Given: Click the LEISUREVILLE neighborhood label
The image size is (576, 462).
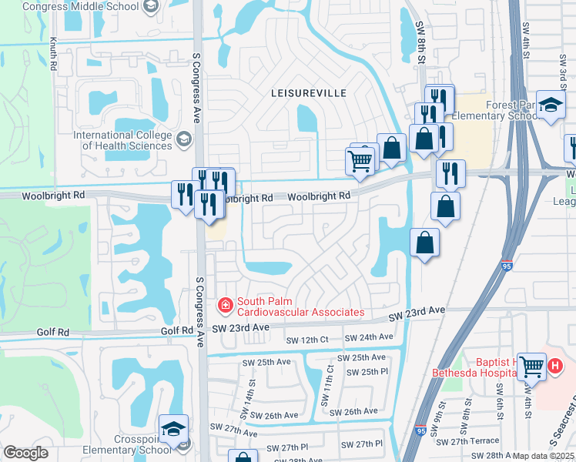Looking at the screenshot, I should [x=308, y=92].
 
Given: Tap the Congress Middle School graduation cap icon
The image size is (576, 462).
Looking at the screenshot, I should [x=151, y=7].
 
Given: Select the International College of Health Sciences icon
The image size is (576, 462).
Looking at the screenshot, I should [x=183, y=139].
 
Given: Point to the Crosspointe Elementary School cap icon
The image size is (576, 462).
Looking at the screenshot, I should [x=173, y=428].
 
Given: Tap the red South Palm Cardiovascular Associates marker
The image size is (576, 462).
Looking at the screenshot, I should [x=226, y=306].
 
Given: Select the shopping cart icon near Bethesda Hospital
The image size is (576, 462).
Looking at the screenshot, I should [x=531, y=366].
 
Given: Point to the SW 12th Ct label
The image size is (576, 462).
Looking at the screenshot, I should [x=307, y=340].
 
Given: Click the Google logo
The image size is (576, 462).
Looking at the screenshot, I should [x=25, y=453].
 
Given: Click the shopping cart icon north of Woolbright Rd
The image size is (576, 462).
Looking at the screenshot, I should [x=360, y=161].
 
